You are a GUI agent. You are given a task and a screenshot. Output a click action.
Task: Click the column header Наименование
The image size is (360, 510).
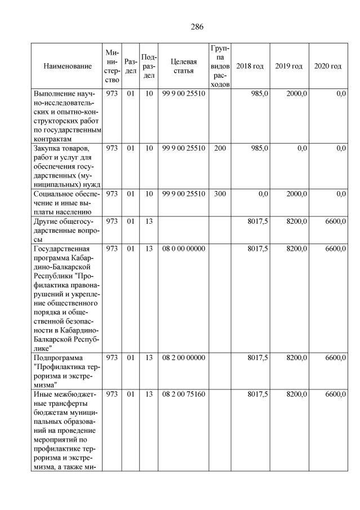[x=67, y=66]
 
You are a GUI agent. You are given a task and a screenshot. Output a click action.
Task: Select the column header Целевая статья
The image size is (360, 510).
[x=183, y=66]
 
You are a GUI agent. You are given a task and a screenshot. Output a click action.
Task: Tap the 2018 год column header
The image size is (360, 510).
[x=250, y=66]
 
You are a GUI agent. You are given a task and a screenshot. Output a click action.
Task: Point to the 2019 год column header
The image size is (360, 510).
[x=289, y=66]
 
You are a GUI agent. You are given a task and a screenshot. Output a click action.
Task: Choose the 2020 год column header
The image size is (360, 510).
[x=328, y=66]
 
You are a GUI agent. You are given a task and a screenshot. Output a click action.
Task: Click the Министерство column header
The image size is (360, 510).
[x=112, y=66]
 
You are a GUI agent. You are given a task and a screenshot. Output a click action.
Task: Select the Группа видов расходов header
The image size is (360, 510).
[x=220, y=66]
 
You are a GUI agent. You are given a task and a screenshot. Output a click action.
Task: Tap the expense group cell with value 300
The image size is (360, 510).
[x=220, y=194]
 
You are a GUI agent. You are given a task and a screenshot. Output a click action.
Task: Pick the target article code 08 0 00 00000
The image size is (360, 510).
[x=184, y=249]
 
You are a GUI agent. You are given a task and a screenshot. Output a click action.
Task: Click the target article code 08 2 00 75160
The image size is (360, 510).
[x=184, y=394]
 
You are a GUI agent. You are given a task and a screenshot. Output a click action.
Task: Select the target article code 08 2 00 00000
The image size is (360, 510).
[x=184, y=358]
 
